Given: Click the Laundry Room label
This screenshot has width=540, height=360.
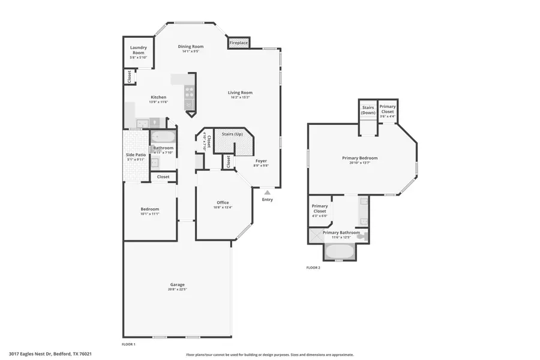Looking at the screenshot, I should coord(139,49).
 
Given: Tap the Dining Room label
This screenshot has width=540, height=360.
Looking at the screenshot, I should coord(191,46).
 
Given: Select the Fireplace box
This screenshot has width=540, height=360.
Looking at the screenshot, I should coord(238,43).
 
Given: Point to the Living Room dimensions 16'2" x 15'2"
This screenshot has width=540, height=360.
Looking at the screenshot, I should coord(240,97).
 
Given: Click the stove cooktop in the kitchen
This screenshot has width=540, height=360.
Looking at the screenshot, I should coord(190,92).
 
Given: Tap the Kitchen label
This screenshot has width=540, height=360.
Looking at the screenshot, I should coord(158,97).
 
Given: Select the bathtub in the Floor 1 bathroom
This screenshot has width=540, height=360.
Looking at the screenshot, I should coord(162,137).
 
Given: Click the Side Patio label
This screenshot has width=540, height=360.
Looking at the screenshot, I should coord(136,155).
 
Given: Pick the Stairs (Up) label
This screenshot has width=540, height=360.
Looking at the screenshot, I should coord(232,134).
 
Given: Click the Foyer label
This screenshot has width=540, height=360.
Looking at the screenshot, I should coord(261,161).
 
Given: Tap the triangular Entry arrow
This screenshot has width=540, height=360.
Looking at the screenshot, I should coord(268,192).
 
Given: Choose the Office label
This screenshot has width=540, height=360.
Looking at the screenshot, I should coord(223,203).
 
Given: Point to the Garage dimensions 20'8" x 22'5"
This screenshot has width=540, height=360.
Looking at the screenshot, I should coord(177,289).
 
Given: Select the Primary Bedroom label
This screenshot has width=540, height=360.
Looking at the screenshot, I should coord(359,158).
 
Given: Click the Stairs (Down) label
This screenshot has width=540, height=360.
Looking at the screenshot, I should coord(368,110).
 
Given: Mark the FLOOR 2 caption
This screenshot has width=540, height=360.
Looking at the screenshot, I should coord(313,268).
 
